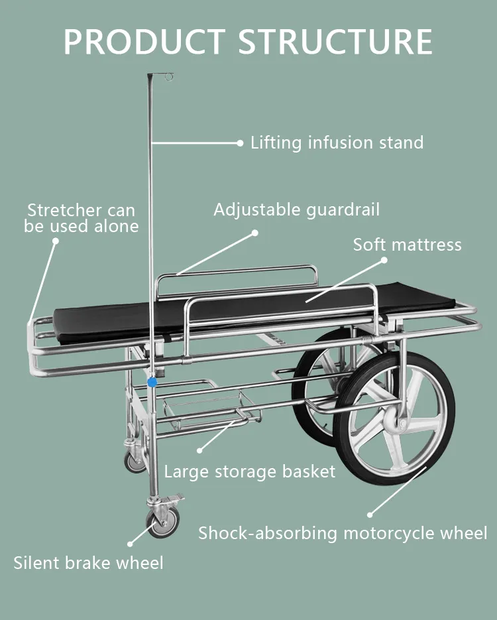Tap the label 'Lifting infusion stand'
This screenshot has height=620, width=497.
click(x=337, y=143)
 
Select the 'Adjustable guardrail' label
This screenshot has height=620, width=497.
click(x=296, y=210)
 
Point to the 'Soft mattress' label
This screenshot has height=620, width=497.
click(x=407, y=245)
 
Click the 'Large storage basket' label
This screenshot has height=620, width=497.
click(x=250, y=471)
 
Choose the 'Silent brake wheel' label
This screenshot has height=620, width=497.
click(x=88, y=563)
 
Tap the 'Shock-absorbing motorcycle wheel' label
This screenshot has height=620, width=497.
click(x=343, y=532)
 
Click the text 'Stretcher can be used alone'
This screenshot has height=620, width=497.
click(x=81, y=218)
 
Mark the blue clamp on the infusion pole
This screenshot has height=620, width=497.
click(x=152, y=383)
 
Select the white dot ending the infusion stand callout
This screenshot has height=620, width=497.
click(x=240, y=143)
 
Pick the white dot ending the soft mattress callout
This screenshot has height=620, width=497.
click(x=384, y=261)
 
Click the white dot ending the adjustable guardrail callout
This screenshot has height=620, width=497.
click(x=254, y=233)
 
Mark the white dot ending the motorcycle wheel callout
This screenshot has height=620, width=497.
click(x=370, y=515)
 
